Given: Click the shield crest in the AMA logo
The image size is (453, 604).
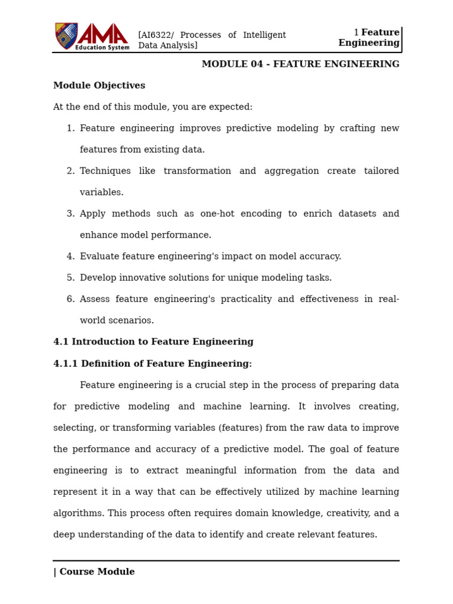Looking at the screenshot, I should pos(66,35).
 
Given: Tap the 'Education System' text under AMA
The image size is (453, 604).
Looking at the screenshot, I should pos(102,47).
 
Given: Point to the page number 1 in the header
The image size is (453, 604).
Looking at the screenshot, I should pos(356,32).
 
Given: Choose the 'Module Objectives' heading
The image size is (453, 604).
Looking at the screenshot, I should pos(99,86).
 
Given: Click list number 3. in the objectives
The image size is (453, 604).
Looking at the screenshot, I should pos(70,214).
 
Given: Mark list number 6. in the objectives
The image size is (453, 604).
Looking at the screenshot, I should pos(70,299).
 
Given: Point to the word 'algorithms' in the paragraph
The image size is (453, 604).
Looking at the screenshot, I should pos(77,513).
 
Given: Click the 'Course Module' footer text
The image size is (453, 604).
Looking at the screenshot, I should pos(97,572).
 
